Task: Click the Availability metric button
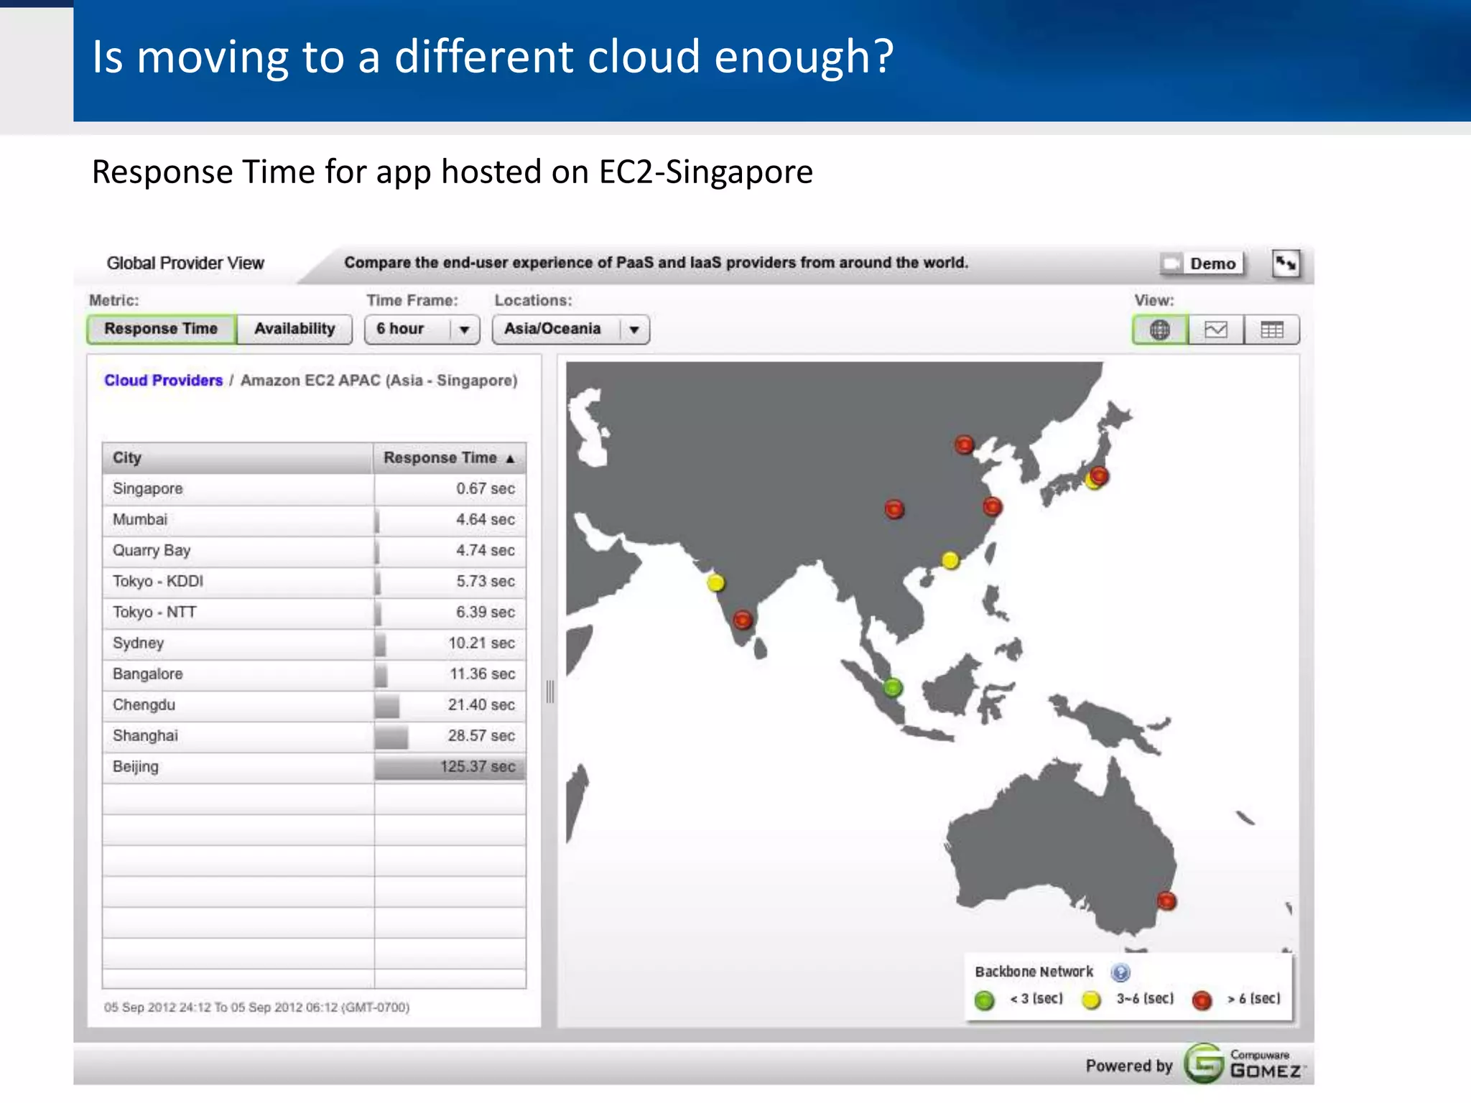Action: [x=294, y=329]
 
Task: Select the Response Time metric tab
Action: [x=161, y=329]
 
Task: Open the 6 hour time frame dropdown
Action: [x=422, y=330]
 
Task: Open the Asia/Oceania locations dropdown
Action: [x=570, y=330]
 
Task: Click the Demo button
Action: [x=1202, y=264]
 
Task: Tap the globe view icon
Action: [x=1159, y=330]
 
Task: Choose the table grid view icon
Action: [x=1271, y=330]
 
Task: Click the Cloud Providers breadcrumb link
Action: [x=164, y=381]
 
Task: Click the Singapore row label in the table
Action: [x=148, y=489]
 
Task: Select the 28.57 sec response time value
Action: [x=481, y=736]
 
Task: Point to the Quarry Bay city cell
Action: [x=152, y=551]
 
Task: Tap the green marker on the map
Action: [x=892, y=688]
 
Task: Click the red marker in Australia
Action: [x=1166, y=900]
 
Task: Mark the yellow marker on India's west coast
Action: [x=715, y=582]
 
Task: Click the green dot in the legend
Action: [x=984, y=1000]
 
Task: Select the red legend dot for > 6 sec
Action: [x=1202, y=1000]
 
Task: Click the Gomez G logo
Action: [x=1204, y=1064]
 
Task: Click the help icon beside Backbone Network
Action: [x=1120, y=972]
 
